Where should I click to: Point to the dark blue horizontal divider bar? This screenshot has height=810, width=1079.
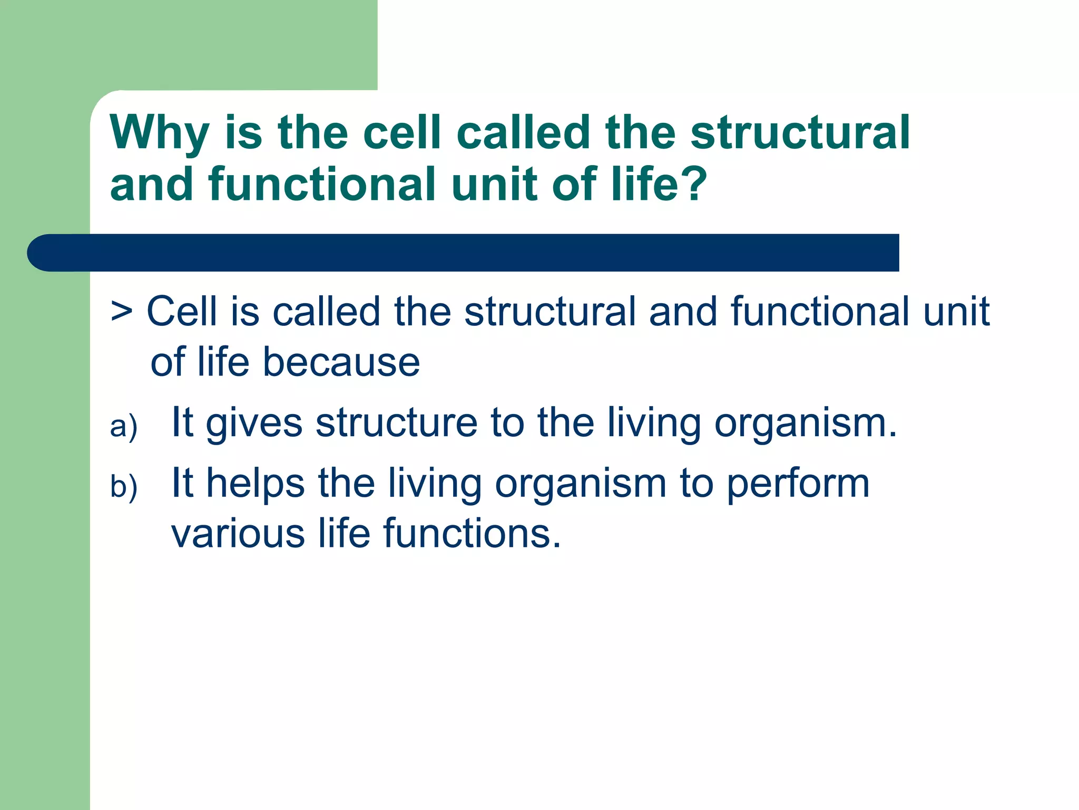tap(464, 253)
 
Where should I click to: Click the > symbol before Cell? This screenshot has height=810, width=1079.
tap(122, 312)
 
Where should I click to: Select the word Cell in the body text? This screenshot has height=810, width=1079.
tap(182, 311)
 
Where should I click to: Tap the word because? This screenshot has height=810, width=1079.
tap(341, 362)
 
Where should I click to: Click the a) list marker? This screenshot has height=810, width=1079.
tap(123, 426)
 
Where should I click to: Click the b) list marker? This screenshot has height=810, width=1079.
tap(123, 486)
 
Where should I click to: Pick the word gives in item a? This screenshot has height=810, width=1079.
tap(254, 423)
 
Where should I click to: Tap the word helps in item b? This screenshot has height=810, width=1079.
tap(255, 483)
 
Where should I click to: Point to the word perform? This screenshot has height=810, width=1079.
tap(798, 484)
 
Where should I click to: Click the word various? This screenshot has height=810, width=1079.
tap(238, 534)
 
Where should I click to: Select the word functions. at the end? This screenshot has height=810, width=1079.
tap(472, 533)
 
